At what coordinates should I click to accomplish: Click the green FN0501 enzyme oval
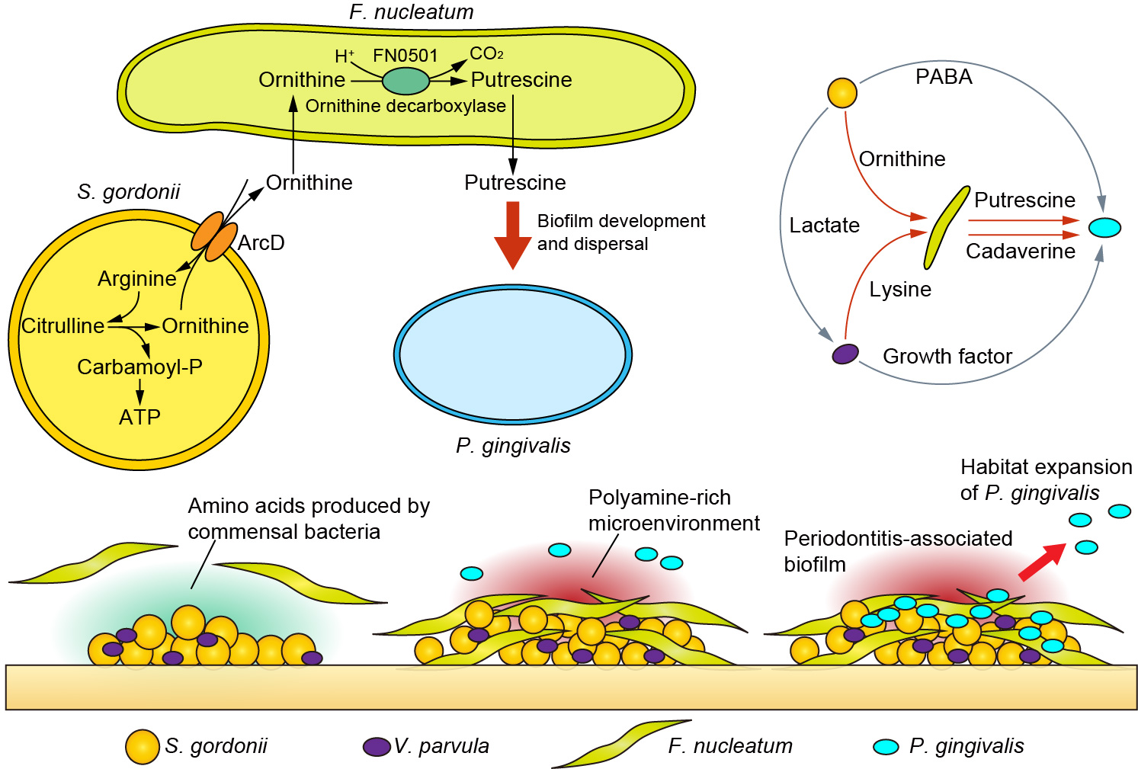(x=406, y=81)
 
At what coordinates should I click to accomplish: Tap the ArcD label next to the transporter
(x=261, y=243)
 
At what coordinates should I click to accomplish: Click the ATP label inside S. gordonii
(x=139, y=417)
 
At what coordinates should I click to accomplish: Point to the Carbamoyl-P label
(x=139, y=367)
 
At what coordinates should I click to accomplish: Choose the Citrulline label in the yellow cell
(x=63, y=326)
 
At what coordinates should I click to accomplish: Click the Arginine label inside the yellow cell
(x=137, y=279)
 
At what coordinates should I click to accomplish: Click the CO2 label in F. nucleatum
(x=486, y=54)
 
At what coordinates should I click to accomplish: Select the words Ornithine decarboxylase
(x=406, y=106)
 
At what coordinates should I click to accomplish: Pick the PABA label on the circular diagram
(x=944, y=77)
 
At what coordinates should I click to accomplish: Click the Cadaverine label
(x=1021, y=252)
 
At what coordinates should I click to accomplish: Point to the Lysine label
(x=900, y=290)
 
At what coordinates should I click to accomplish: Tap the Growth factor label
(x=947, y=356)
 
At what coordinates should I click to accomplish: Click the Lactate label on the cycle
(x=824, y=226)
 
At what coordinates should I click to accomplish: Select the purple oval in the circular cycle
(x=845, y=354)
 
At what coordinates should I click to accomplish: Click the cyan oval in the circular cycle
(x=1104, y=227)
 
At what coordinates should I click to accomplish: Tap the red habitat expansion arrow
(x=1043, y=562)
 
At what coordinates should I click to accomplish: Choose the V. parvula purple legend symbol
(x=377, y=746)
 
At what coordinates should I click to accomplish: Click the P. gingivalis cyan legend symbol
(x=886, y=747)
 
